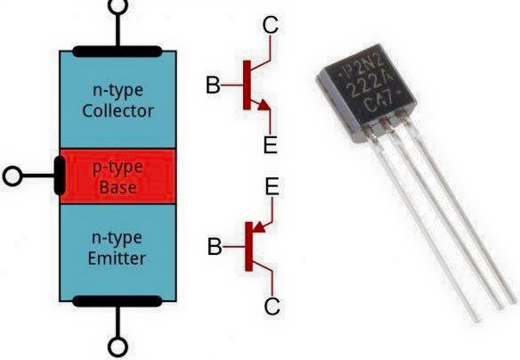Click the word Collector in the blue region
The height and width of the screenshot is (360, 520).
(x=118, y=111)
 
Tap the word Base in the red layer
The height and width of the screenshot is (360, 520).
(x=118, y=189)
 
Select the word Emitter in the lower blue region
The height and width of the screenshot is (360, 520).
(x=118, y=258)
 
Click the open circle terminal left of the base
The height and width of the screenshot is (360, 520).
(x=12, y=176)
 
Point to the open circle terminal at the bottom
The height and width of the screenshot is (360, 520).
(x=118, y=347)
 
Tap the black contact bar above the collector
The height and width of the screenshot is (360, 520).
(x=118, y=51)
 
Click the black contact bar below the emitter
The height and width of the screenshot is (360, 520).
(x=118, y=300)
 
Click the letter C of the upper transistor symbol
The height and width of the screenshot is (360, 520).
(x=271, y=26)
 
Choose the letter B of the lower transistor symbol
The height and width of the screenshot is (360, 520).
(x=214, y=247)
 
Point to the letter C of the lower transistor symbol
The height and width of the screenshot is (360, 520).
(x=272, y=306)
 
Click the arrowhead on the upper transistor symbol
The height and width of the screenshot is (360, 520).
(x=264, y=107)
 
